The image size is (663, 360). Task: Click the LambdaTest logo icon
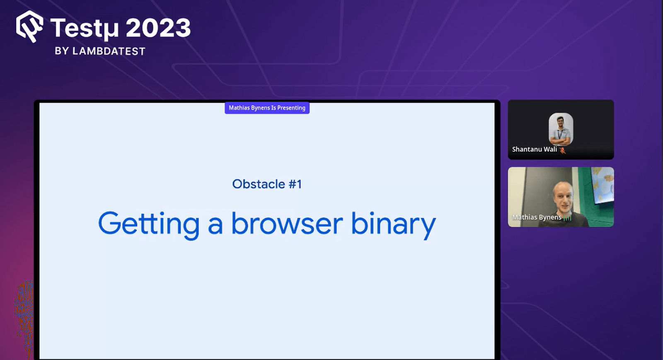click(29, 27)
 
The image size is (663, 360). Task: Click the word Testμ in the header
click(85, 28)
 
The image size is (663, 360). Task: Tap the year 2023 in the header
click(158, 28)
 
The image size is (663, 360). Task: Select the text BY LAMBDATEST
click(100, 51)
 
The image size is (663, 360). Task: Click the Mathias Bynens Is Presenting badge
click(267, 108)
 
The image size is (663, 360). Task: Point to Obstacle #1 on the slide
click(267, 184)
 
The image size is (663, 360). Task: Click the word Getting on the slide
click(149, 224)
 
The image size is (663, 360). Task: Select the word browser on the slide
click(287, 224)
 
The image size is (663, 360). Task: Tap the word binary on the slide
click(393, 224)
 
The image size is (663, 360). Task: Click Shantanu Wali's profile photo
click(561, 128)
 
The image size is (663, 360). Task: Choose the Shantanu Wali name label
click(534, 150)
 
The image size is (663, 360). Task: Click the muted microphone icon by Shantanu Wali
click(563, 150)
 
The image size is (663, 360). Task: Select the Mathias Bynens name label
click(537, 217)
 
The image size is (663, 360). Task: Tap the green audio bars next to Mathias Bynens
click(567, 217)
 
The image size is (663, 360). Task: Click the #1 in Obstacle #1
click(295, 184)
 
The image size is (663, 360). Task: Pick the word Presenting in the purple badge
click(291, 108)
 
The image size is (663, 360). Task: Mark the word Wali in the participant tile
click(550, 150)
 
